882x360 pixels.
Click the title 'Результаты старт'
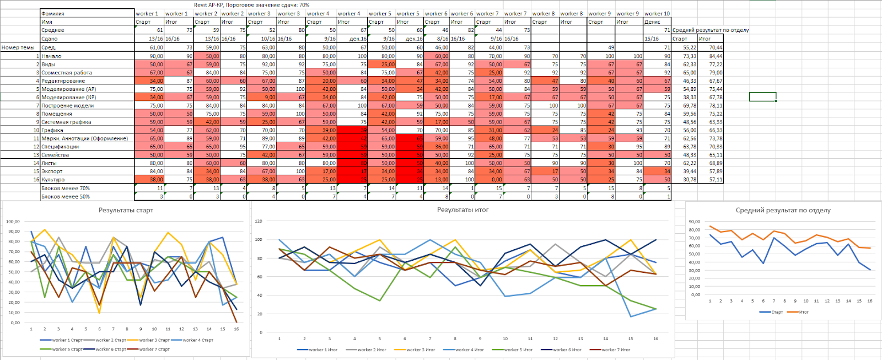coord(126,210)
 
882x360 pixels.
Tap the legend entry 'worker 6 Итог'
coord(565,350)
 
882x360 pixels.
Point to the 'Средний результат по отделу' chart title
coord(783,210)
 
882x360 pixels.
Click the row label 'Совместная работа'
coord(67,73)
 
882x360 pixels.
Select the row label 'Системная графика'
coord(66,122)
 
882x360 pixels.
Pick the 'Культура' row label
coord(53,180)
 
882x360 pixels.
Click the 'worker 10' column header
coord(657,14)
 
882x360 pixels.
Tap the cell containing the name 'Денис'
coord(652,22)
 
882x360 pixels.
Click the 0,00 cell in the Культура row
coord(497,180)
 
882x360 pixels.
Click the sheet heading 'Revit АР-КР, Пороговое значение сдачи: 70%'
coord(251,5)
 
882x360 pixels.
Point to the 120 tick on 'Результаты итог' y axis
coord(258,221)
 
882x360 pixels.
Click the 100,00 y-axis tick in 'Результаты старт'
coord(13,222)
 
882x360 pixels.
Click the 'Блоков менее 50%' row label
coord(65,197)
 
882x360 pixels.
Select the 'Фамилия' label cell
coord(53,14)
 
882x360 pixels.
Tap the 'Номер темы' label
coord(18,47)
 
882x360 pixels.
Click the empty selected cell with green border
coord(762,97)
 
